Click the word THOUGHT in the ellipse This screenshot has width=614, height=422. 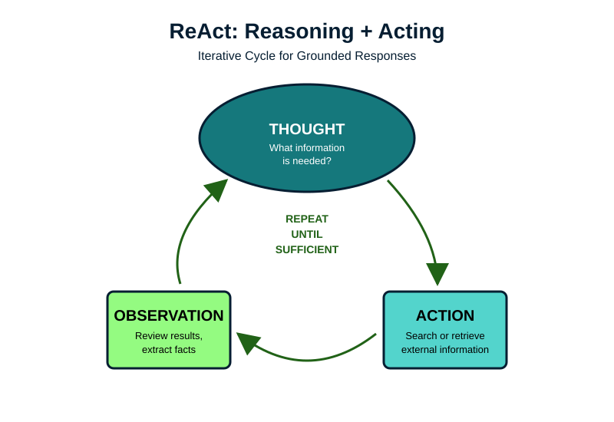[307, 129]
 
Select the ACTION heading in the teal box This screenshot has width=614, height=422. [445, 315]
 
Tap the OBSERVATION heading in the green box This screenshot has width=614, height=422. [169, 315]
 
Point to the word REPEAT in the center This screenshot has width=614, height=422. [307, 219]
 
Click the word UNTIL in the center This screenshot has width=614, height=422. [307, 234]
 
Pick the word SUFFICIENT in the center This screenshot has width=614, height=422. [307, 249]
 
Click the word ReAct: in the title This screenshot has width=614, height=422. [201, 31]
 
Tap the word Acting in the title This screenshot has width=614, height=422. [411, 31]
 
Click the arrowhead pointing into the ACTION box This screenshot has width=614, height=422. [437, 274]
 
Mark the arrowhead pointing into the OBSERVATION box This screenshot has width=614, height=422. [247, 342]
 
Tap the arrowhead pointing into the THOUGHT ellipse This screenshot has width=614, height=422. [217, 189]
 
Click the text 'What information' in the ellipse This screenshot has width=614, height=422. [307, 147]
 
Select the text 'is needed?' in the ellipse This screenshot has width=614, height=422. [307, 161]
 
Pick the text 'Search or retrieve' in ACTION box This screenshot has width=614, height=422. [445, 335]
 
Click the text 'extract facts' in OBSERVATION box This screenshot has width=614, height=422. [169, 349]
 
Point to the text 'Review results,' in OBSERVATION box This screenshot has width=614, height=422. [169, 335]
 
